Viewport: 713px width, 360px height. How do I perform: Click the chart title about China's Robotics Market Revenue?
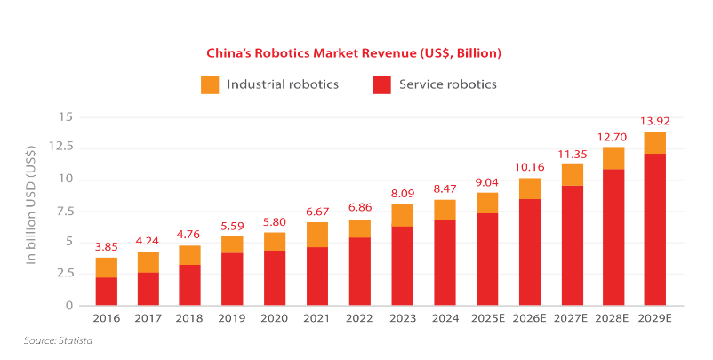pyautogui.click(x=355, y=53)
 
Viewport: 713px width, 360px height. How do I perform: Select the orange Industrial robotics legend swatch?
pyautogui.click(x=210, y=85)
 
